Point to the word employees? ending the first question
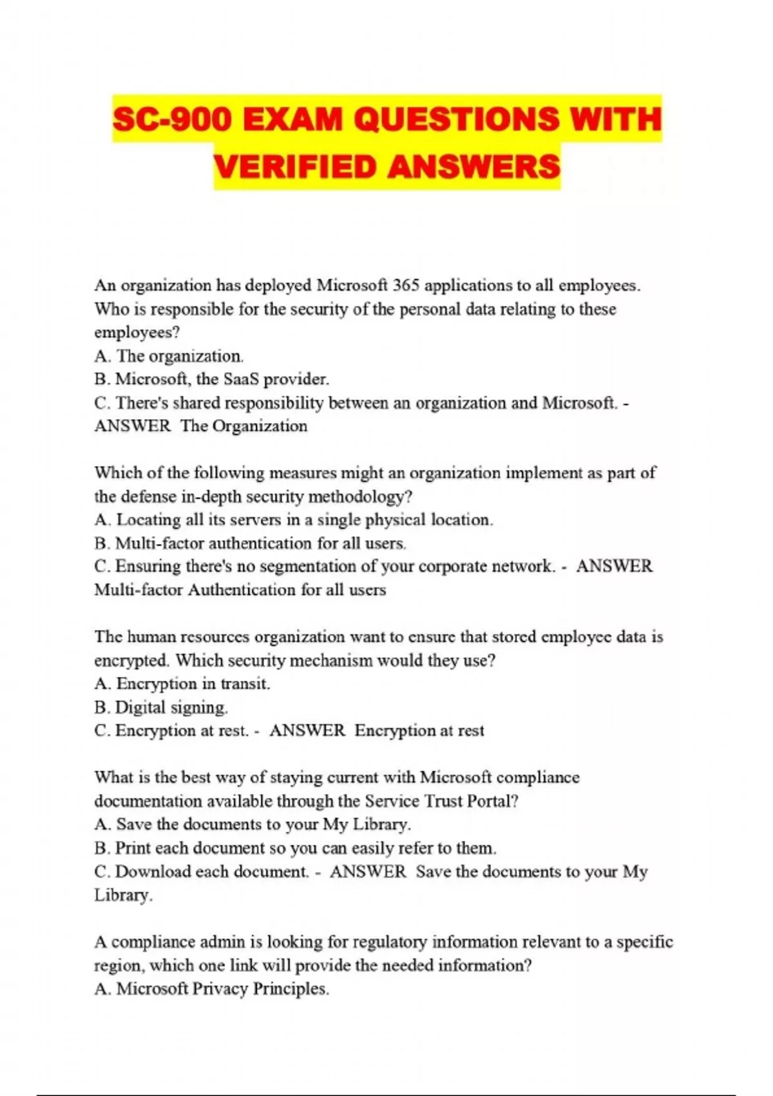click(137, 333)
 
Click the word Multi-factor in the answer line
click(138, 590)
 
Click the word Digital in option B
click(140, 707)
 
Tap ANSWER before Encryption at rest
click(307, 730)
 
